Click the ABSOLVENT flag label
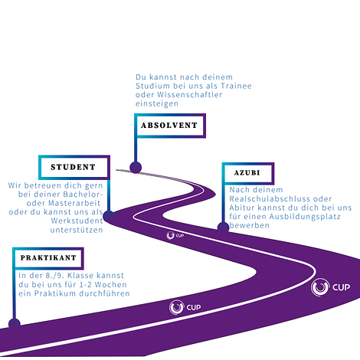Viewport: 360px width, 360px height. click(x=170, y=126)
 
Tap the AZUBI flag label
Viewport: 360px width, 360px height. click(x=248, y=173)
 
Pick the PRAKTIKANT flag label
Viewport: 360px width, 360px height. click(x=48, y=258)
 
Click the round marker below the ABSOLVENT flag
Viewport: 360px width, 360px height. click(x=136, y=168)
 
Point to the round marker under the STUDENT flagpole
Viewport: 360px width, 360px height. click(x=109, y=216)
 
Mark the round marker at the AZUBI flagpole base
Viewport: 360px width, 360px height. click(x=223, y=227)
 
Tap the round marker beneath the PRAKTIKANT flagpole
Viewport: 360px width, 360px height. click(x=15, y=324)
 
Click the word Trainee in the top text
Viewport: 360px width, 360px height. click(x=236, y=86)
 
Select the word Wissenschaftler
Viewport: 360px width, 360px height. click(x=190, y=95)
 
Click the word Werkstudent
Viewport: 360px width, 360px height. click(x=77, y=221)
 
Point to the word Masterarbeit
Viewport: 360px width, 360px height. click(x=74, y=203)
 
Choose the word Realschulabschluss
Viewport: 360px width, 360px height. click(x=270, y=199)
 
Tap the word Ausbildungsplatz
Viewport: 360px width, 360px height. click(x=305, y=217)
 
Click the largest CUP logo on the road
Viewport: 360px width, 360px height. click(x=330, y=287)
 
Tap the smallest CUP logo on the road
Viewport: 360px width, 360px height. click(x=175, y=235)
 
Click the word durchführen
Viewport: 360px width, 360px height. click(x=104, y=293)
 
